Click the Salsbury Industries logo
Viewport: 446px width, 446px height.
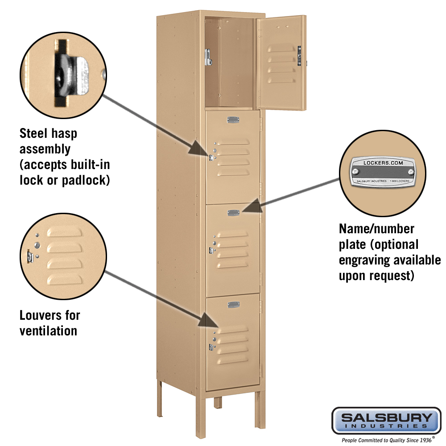click(386, 421)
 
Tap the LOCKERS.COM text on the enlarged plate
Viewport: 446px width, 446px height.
click(383, 163)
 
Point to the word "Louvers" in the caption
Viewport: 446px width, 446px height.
click(41, 315)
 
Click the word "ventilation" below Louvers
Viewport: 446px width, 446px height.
click(48, 331)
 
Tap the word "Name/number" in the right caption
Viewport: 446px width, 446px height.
click(376, 229)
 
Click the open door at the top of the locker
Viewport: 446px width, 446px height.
click(281, 62)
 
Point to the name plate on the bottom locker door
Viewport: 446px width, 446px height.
click(234, 305)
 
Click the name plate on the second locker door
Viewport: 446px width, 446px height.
click(233, 120)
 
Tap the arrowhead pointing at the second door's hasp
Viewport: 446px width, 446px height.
click(199, 148)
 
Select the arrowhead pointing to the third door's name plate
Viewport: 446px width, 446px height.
click(252, 206)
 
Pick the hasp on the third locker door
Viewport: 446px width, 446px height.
click(211, 251)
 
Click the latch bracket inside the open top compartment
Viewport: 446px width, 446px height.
click(208, 57)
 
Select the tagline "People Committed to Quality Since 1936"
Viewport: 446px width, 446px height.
click(387, 440)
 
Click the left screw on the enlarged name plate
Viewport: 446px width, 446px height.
click(355, 171)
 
